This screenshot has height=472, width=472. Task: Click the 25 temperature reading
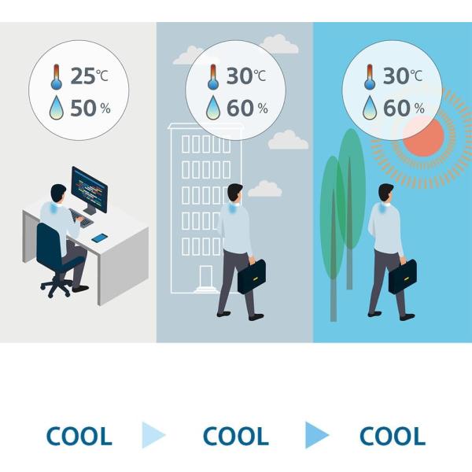83,76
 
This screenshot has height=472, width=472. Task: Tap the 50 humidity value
83,108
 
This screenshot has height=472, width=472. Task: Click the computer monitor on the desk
89,190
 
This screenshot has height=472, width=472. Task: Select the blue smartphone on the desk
100,238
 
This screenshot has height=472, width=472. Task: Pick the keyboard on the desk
81,218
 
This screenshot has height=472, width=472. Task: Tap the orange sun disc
423,136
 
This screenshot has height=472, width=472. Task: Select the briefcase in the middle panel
252,276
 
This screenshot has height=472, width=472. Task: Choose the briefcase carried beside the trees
403,276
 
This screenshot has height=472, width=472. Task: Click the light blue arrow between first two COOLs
153,435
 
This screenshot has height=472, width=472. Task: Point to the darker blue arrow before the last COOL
317,435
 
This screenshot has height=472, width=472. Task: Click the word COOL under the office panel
79,436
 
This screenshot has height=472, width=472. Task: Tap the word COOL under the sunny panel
393,436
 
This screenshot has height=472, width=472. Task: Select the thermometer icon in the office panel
57,77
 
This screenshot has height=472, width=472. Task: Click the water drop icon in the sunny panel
370,108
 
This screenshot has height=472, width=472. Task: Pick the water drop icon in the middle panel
213,108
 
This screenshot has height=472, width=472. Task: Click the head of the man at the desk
58,194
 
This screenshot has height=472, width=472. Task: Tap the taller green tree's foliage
350,188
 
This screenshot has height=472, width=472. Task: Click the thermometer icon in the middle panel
213,77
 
